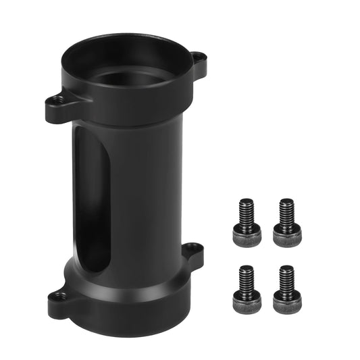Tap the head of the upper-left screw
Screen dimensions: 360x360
pos(247,236)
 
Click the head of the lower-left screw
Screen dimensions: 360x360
pos(247,303)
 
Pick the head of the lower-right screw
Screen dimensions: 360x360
pos(287,302)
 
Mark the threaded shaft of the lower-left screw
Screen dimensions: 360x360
pos(247,276)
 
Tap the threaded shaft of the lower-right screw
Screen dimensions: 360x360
pos(287,276)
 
